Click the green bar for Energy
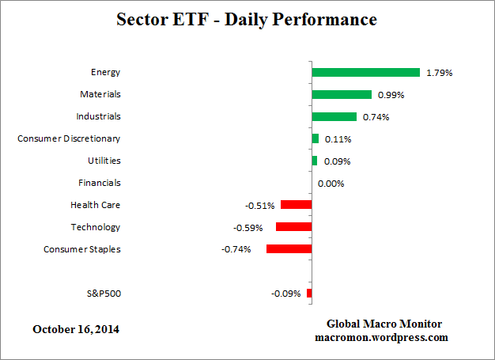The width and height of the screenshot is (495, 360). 365,72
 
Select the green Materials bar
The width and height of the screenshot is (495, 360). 342,94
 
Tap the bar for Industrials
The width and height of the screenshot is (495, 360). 334,116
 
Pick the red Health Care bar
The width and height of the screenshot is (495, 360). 296,205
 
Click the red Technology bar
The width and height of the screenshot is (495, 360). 293,227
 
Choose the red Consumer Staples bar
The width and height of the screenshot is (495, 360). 289,248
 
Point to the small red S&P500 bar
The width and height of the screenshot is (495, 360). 309,294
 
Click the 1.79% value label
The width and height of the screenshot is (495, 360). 439,73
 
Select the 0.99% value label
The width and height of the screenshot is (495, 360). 391,95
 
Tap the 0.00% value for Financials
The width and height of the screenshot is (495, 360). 331,184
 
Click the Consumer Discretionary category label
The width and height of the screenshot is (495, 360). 69,138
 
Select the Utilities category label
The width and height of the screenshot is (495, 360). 104,161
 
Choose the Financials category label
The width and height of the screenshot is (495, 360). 99,183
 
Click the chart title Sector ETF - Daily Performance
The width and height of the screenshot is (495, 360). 247,18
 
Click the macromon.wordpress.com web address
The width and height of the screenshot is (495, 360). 384,337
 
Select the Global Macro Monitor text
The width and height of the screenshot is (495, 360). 384,324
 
